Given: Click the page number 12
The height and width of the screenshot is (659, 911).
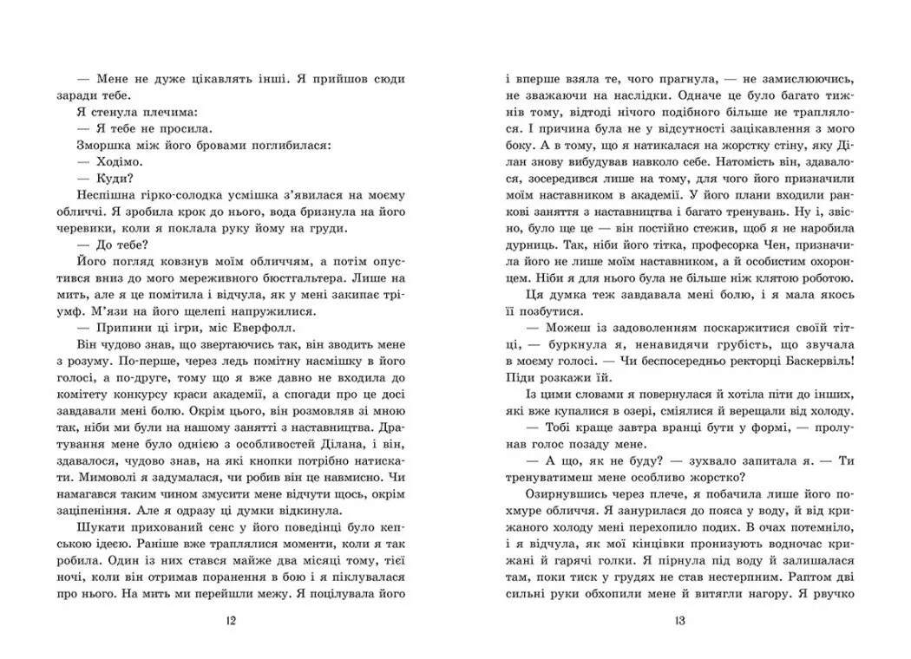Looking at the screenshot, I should pyautogui.click(x=229, y=621).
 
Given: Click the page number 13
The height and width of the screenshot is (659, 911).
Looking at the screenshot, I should pyautogui.click(x=679, y=621).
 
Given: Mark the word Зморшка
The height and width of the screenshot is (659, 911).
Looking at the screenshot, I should pyautogui.click(x=100, y=144).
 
